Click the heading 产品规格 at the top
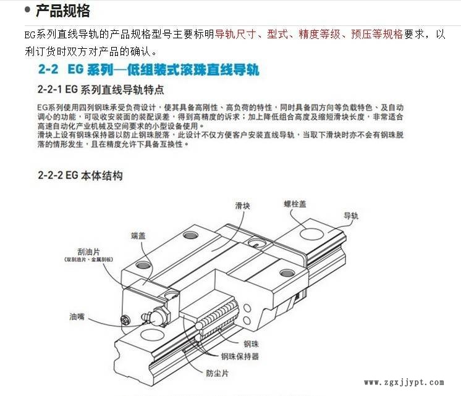(62, 11)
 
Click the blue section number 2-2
(49, 68)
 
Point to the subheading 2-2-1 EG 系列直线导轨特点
(101, 89)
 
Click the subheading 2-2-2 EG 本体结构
(80, 175)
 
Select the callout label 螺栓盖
(295, 204)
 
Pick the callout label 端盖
(138, 235)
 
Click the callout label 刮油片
(89, 252)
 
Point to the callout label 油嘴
(77, 318)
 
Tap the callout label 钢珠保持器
(240, 356)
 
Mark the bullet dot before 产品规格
(27, 10)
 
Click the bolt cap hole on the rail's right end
(309, 234)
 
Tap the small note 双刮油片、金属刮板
(89, 261)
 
